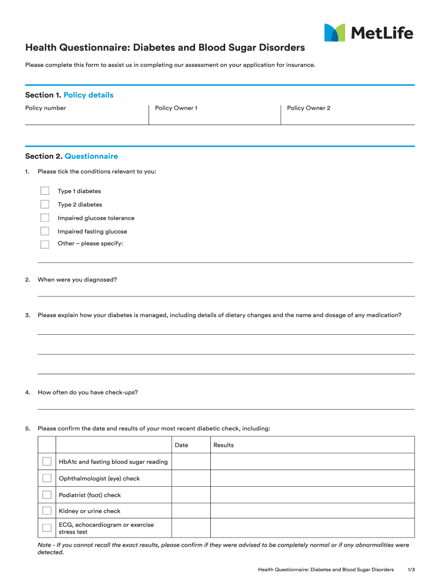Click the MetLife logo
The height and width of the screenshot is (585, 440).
369,33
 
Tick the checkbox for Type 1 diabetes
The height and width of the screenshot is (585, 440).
45,191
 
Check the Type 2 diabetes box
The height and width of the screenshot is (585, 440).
45,205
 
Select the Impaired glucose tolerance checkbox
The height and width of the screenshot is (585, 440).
45,218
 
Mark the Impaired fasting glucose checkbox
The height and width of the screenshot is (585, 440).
45,231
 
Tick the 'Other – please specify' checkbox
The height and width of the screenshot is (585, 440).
45,244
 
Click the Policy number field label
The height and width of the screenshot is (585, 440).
46,108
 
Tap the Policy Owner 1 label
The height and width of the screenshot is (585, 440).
176,108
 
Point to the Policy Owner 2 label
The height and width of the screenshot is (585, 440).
309,108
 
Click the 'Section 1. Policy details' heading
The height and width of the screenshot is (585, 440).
69,95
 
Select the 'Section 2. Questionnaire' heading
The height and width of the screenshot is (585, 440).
71,156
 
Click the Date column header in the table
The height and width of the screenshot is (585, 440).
181,445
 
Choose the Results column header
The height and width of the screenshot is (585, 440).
223,445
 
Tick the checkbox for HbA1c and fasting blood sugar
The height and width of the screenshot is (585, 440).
47,462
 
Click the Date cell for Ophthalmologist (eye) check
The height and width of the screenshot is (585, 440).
191,478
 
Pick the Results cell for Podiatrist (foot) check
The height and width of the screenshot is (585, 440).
313,495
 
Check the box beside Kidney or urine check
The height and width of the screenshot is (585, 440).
47,511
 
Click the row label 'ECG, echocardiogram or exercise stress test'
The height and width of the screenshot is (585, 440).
106,528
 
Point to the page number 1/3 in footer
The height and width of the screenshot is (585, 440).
411,570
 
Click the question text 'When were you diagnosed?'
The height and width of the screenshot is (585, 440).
77,279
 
